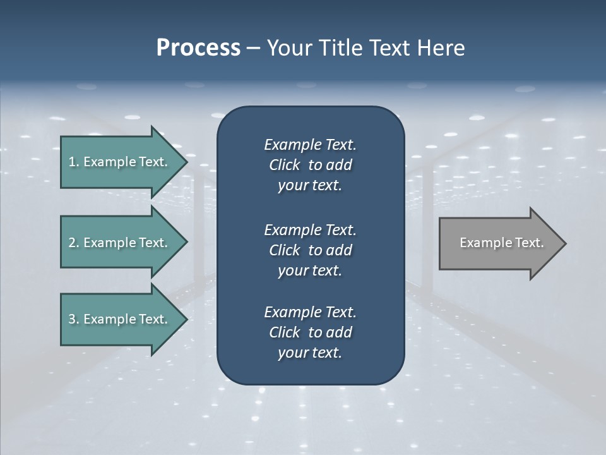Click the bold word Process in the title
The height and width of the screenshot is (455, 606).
[198, 48]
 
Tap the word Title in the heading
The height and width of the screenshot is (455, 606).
[342, 48]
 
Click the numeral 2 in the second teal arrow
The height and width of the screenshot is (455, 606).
[73, 243]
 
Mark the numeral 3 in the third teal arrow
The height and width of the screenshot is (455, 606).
[73, 319]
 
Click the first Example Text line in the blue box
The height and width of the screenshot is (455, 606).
[310, 145]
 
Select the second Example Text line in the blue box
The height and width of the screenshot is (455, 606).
[310, 229]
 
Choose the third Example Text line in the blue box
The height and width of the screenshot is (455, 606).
[310, 312]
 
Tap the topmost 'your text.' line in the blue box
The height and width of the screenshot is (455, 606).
[310, 186]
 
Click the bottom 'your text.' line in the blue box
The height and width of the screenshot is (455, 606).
[310, 353]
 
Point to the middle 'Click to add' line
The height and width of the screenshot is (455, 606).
[310, 250]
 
